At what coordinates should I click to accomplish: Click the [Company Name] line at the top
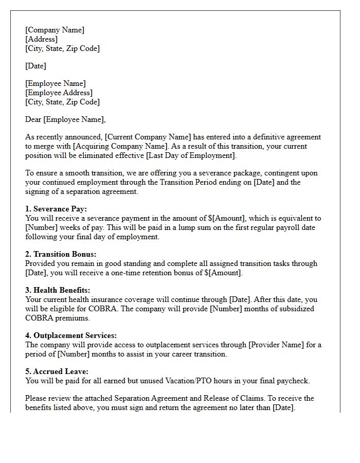coord(55,30)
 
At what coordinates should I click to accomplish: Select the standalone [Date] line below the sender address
coord(35,66)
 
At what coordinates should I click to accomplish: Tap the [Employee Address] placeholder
coord(59,93)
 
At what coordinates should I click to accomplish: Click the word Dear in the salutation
coord(33,119)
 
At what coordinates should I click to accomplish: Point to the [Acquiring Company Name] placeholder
coord(114,146)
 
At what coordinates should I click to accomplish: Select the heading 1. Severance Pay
coord(56,209)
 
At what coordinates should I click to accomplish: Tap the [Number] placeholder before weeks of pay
coord(41,227)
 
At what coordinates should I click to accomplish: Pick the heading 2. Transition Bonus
coord(61,254)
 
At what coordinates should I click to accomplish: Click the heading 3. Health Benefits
coord(58,290)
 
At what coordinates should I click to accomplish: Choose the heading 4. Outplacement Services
coord(71,335)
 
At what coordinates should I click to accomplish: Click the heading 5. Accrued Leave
coord(57,371)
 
